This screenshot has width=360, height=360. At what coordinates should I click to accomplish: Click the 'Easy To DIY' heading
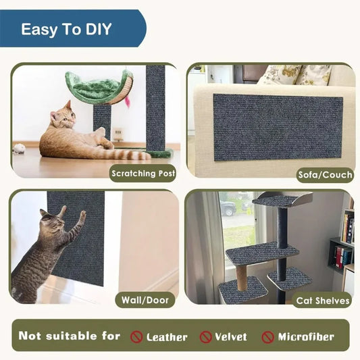[x=66, y=30]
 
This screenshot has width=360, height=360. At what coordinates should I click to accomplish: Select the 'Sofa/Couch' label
[x=325, y=175]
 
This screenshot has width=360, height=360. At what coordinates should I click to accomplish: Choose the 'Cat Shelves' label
[x=323, y=301]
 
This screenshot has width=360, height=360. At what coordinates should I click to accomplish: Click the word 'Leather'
[x=167, y=336]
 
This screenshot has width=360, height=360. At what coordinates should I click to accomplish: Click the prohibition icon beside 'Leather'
[x=136, y=336]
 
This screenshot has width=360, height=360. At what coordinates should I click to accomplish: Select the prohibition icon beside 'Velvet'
[x=206, y=336]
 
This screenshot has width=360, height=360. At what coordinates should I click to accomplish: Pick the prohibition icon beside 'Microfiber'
[x=268, y=336]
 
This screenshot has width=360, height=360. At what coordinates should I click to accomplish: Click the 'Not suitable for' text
[x=70, y=336]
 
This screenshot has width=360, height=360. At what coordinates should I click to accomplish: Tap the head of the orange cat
[x=63, y=116]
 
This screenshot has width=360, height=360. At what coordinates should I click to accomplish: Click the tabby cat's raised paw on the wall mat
[x=82, y=215]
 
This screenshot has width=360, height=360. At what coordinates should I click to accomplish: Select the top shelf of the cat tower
[x=277, y=199]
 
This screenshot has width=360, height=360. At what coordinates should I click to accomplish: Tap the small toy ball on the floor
[x=20, y=147]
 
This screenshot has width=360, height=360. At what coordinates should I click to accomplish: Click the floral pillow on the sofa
[x=278, y=74]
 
